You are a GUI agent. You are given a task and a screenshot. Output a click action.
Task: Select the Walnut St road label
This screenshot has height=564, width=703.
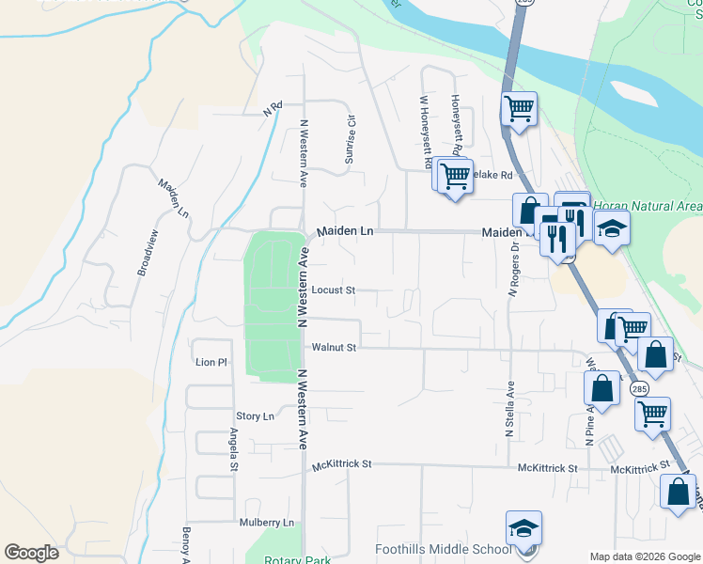[x=335, y=348]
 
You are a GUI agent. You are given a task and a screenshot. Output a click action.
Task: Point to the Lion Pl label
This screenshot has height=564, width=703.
[x=211, y=362]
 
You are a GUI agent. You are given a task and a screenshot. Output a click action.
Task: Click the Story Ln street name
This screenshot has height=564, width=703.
[x=255, y=416]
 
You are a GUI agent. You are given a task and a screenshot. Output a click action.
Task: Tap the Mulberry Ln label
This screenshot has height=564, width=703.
[x=267, y=523]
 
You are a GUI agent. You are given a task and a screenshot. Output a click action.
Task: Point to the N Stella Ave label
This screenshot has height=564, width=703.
[x=510, y=408]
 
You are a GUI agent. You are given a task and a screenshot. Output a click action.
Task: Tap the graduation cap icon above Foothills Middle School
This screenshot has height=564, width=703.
[x=523, y=529]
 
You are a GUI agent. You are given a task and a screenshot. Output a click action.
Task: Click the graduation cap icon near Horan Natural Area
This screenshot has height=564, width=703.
[x=612, y=229]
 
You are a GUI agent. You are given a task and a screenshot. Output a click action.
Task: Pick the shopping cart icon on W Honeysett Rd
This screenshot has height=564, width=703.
[x=455, y=175]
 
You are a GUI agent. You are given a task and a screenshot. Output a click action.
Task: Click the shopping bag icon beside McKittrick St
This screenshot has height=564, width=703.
[x=678, y=492]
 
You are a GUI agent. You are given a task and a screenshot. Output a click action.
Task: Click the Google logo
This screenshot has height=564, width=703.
[x=31, y=553]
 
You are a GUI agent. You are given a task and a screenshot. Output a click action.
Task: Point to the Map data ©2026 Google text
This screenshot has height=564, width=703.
[x=644, y=556]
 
